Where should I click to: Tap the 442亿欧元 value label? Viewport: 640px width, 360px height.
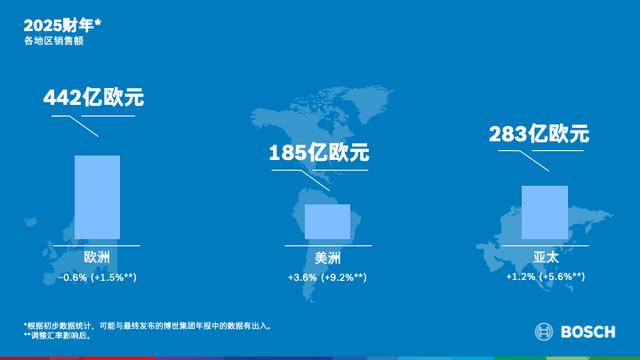tap(94, 99)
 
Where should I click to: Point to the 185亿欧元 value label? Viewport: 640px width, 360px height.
tap(319, 154)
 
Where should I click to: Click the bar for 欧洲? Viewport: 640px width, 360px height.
tap(97, 197)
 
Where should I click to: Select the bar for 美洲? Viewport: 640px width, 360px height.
tap(327, 221)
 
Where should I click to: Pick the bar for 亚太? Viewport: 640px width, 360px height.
tap(544, 212)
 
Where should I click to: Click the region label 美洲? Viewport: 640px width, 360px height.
tap(327, 257)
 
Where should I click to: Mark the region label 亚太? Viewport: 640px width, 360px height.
tap(545, 257)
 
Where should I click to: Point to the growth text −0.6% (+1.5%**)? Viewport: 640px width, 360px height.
tap(97, 276)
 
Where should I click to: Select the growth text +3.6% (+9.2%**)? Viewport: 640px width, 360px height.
tap(327, 276)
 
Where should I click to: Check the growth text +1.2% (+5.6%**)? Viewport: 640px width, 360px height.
tap(545, 276)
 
